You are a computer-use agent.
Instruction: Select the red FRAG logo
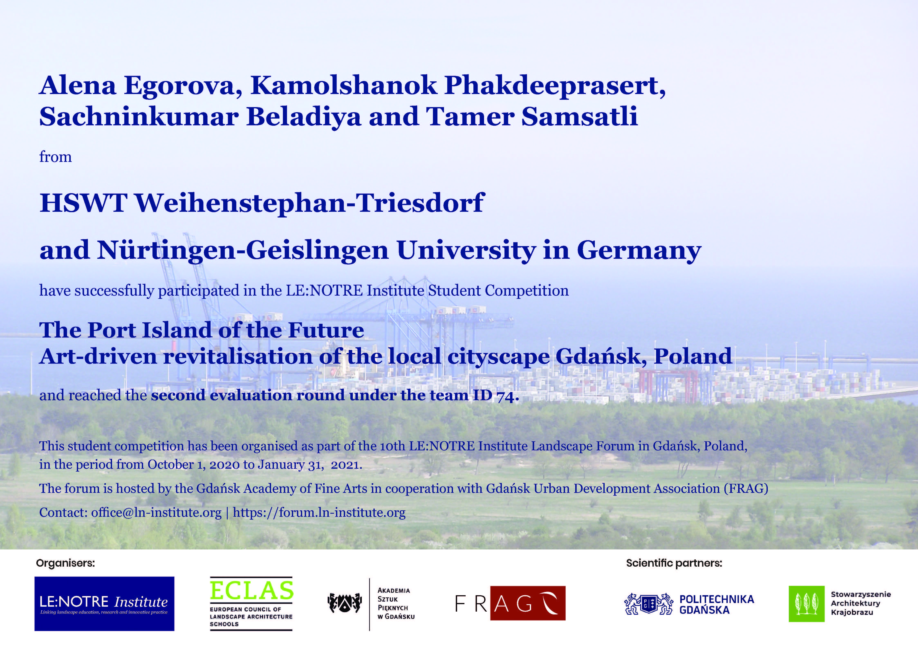coord(510,603)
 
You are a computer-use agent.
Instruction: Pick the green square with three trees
coord(806,604)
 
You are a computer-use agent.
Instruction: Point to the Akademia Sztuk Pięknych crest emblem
coord(345,603)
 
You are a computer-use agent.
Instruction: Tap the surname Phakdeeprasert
coord(555,86)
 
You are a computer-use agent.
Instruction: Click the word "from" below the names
coord(56,157)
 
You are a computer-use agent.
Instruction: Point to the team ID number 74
coord(507,396)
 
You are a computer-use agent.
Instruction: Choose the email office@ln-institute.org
coord(156,513)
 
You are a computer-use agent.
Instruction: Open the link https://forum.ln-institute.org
coord(319,513)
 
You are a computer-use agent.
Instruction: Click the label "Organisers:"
coord(66,563)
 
